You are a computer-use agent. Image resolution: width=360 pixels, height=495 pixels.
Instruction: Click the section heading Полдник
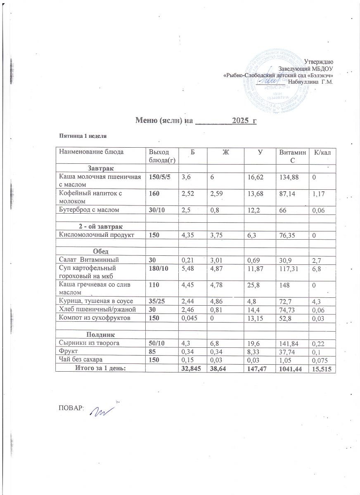pos(100,334)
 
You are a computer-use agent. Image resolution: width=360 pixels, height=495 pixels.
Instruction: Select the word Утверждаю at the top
pos(322,61)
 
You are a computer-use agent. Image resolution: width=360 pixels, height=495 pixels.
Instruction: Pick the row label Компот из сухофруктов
pos(92,318)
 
